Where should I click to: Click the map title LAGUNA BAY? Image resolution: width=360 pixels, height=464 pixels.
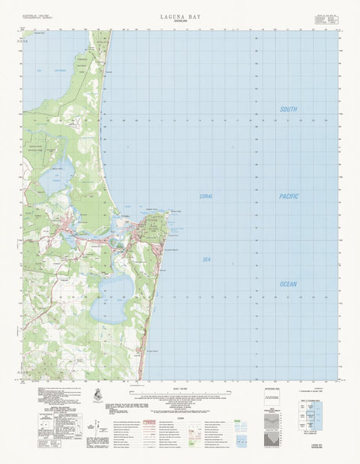[179, 14]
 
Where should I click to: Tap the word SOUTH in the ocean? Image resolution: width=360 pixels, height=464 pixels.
[289, 109]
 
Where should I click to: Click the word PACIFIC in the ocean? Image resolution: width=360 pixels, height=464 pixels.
[289, 196]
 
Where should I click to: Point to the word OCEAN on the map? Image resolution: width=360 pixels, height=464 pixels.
[289, 284]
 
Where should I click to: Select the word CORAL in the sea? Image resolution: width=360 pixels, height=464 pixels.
[206, 196]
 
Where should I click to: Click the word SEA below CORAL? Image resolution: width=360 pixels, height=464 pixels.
[206, 259]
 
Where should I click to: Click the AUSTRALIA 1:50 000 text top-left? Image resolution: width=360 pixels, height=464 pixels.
[37, 14]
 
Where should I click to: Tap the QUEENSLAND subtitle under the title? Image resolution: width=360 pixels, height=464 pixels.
[179, 21]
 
